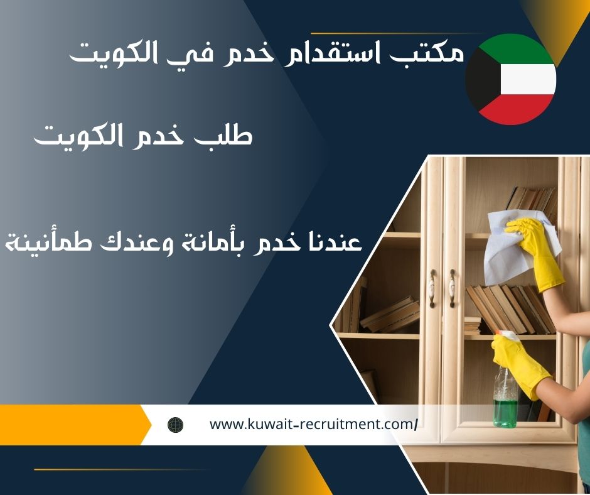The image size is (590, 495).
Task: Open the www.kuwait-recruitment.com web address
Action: pyautogui.click(x=313, y=425)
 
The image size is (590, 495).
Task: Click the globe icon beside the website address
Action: pyautogui.click(x=175, y=425)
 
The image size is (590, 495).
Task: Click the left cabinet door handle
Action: pyautogui.click(x=432, y=288)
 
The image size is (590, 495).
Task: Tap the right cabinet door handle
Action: pyautogui.click(x=452, y=288)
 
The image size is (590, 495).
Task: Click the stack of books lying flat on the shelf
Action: pyautogui.click(x=390, y=315)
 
